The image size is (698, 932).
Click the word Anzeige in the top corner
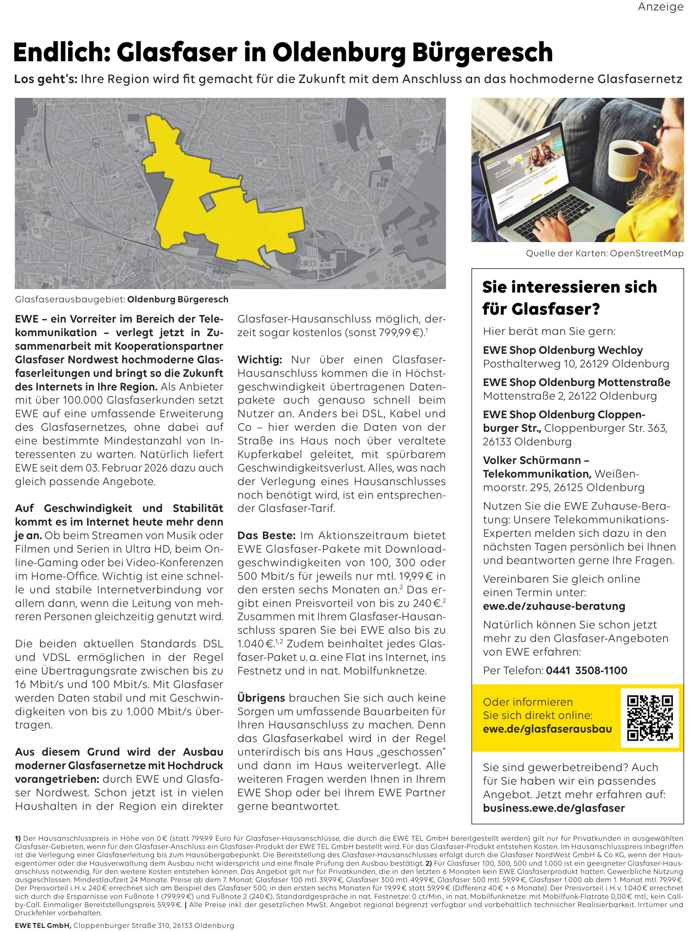[660, 7]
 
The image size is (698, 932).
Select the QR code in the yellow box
[650, 718]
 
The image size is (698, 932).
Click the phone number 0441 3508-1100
[586, 670]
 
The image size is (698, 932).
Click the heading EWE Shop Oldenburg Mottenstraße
[577, 382]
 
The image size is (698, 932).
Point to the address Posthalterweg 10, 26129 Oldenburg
[576, 364]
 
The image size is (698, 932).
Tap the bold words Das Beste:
[266, 536]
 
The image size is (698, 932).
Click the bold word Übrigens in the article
[261, 698]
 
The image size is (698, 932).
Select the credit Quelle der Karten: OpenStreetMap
[605, 253]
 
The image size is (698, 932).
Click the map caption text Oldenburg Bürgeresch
[178, 299]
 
